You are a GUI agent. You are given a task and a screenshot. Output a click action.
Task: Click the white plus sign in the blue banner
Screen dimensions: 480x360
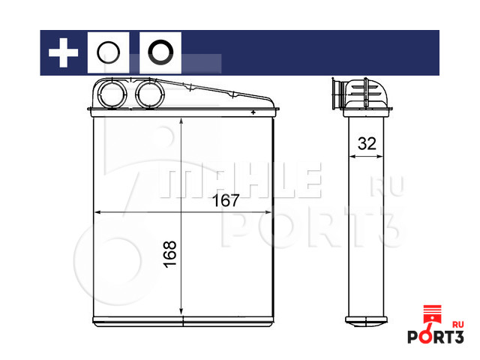[63, 52]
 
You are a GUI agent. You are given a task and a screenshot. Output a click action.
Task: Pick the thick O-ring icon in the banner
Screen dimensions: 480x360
[148, 52]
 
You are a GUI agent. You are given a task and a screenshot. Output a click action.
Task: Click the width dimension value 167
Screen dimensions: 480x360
[226, 200]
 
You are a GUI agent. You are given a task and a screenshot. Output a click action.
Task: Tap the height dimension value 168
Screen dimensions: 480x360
[170, 254]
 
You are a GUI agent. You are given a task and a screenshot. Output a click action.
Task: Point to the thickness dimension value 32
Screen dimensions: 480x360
[367, 143]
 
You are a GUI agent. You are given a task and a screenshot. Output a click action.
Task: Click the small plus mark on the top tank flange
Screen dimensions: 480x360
[253, 112]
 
